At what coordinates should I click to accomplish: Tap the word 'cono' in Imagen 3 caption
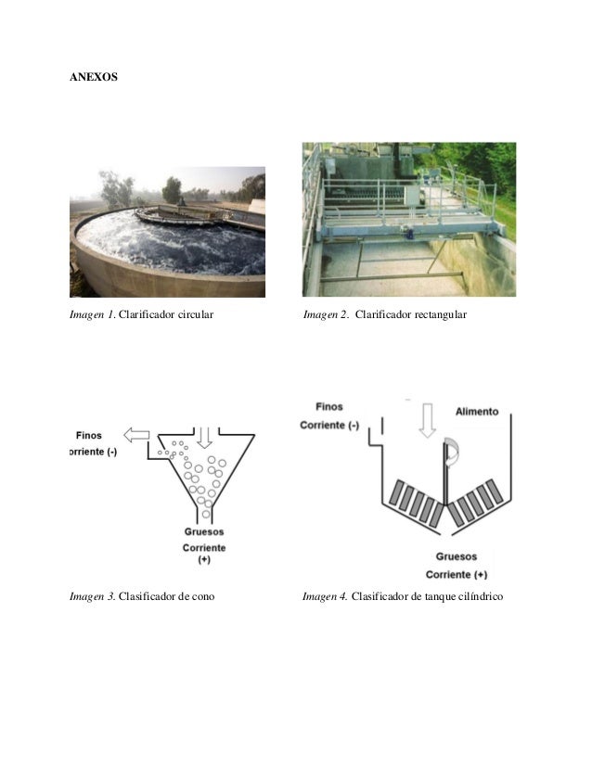203,595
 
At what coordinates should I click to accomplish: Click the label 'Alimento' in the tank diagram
477,411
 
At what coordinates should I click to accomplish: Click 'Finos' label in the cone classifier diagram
89,434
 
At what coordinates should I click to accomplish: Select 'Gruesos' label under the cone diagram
203,532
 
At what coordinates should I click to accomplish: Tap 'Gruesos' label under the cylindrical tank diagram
456,556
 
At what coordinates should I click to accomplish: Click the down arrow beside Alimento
427,419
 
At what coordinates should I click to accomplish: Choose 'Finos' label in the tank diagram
329,406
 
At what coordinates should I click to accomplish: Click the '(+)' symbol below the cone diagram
203,560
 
